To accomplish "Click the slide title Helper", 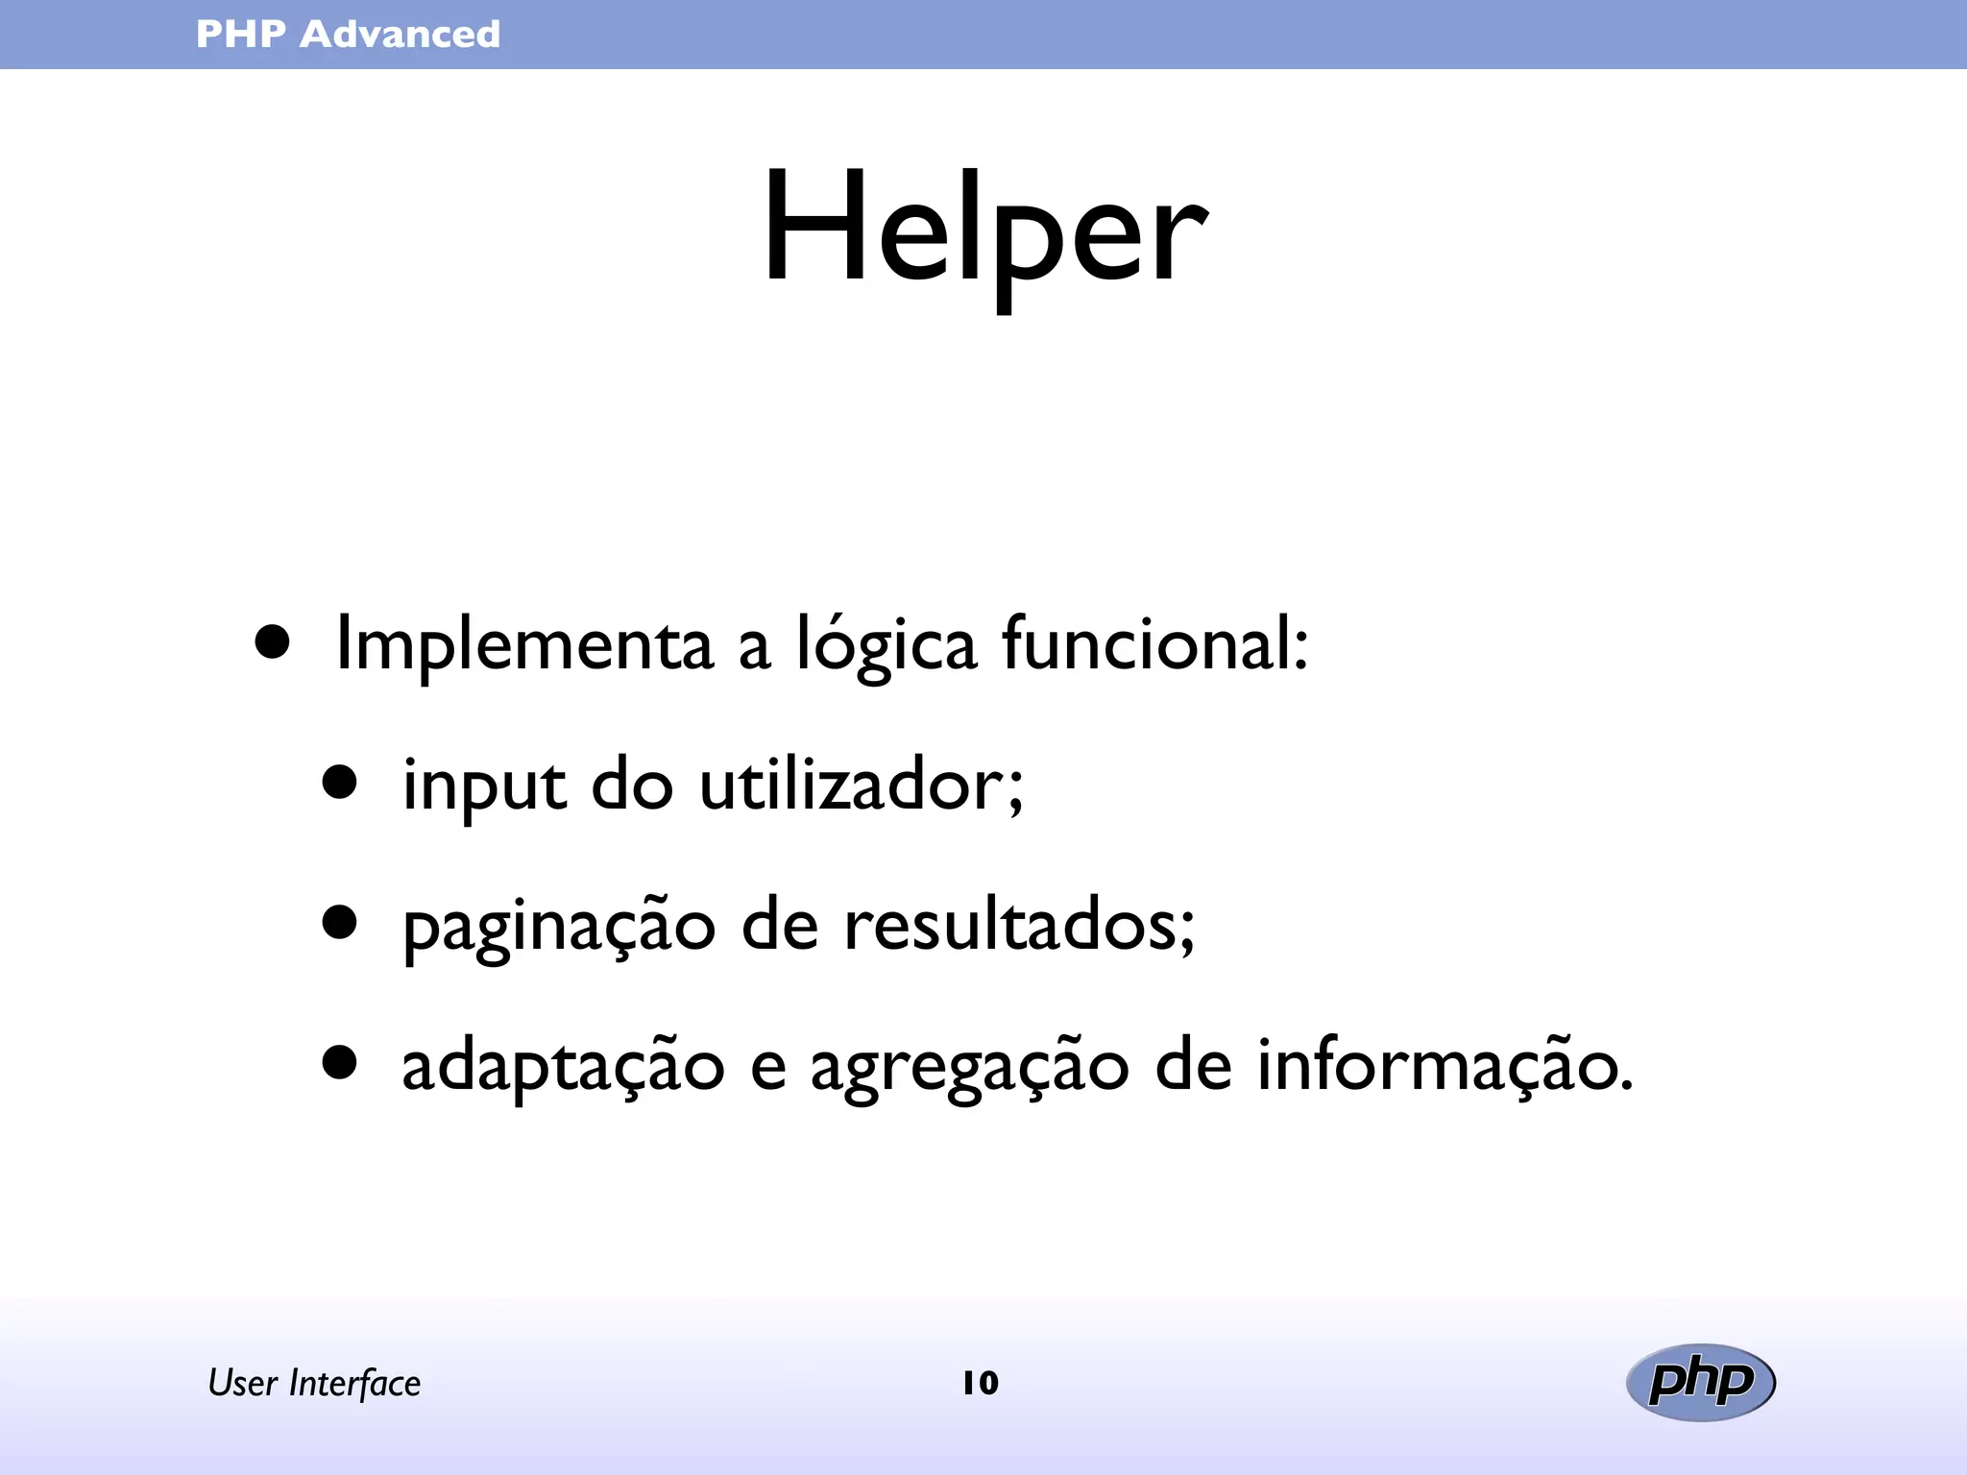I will point(983,230).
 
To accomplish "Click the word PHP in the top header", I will point(241,35).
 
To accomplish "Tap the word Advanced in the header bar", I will point(400,35).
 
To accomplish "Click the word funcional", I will point(1153,643).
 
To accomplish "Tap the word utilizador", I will point(861,786).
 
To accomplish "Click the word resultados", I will point(1018,926).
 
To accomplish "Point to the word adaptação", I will point(563,1068).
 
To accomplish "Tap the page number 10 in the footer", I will point(981,1383).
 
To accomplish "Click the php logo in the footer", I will point(1701,1382).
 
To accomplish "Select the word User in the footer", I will point(243,1383).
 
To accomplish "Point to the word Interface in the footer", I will point(354,1383).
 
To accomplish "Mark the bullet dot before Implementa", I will point(273,642).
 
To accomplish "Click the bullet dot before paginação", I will point(340,923).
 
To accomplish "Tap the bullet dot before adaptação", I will point(340,1063).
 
